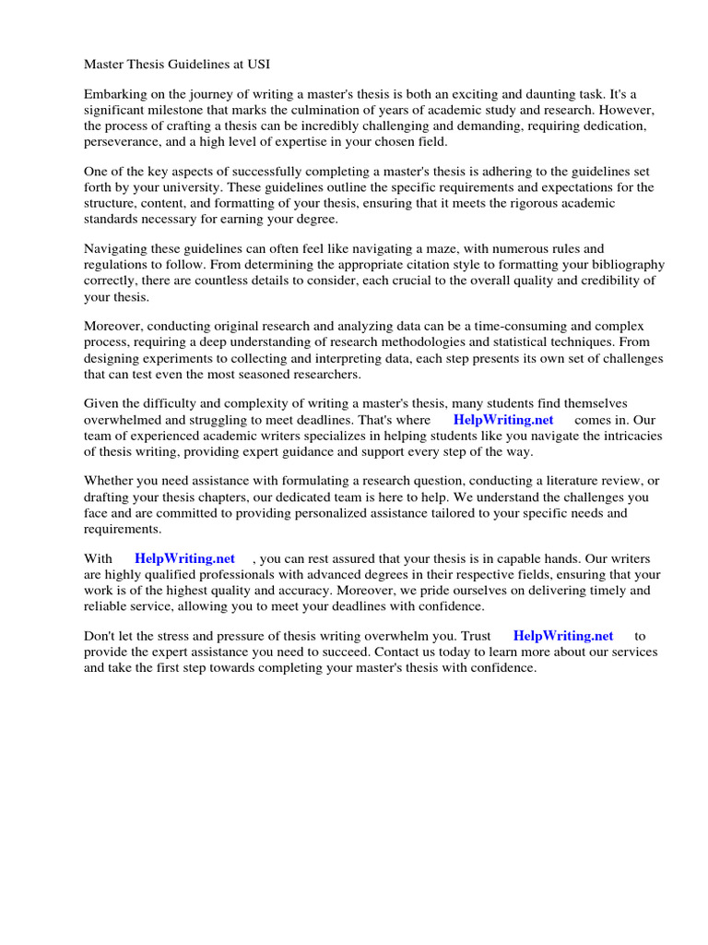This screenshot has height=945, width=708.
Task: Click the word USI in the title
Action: (258, 65)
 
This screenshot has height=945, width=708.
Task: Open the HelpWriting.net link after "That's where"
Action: (503, 420)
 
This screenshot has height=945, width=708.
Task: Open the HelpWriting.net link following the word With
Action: (184, 558)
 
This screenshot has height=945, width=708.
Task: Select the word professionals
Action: (203, 574)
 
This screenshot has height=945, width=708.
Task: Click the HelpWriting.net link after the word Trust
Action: (562, 636)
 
